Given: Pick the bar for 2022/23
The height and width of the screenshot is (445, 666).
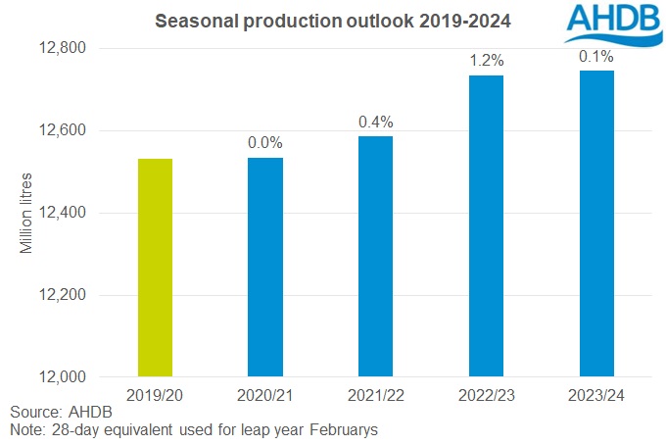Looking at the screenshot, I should (x=486, y=225).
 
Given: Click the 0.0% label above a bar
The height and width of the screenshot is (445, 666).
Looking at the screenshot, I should (x=265, y=142).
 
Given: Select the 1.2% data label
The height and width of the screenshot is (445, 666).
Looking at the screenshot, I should (x=486, y=60).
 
